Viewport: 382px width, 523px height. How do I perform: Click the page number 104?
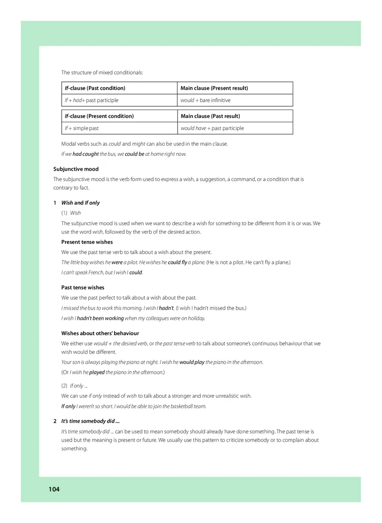pyautogui.click(x=53, y=489)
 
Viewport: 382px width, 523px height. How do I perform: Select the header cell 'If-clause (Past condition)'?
pyautogui.click(x=95, y=88)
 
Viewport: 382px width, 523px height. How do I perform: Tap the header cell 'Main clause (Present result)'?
pyautogui.click(x=214, y=88)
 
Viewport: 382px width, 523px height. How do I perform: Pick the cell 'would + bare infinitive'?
pyautogui.click(x=205, y=100)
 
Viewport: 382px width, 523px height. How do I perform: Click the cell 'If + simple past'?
pyautogui.click(x=82, y=128)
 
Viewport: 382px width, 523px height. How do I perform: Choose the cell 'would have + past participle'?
pyautogui.click(x=212, y=128)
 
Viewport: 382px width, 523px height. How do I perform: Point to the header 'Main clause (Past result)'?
pyautogui.click(x=210, y=116)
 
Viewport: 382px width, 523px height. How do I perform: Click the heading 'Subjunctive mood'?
pyautogui.click(x=76, y=169)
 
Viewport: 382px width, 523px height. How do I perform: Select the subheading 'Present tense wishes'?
pyautogui.click(x=87, y=242)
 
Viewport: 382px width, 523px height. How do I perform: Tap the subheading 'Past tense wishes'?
pyautogui.click(x=83, y=287)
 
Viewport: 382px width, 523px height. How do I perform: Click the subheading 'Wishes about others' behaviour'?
pyautogui.click(x=100, y=333)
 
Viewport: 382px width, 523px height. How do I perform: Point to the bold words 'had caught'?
pyautogui.click(x=85, y=154)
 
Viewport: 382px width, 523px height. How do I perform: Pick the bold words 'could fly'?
pyautogui.click(x=178, y=262)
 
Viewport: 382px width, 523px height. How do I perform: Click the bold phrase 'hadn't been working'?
pyautogui.click(x=100, y=318)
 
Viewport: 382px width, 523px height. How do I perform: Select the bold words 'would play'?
pyautogui.click(x=192, y=362)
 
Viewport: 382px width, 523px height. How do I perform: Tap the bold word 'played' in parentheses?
pyautogui.click(x=97, y=372)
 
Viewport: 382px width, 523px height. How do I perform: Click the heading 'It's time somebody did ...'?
pyautogui.click(x=90, y=421)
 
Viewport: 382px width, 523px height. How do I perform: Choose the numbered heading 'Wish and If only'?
pyautogui.click(x=80, y=203)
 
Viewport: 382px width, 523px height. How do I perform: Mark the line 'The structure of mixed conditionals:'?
pyautogui.click(x=102, y=73)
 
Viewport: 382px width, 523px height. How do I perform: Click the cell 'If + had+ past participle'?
pyautogui.click(x=91, y=100)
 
